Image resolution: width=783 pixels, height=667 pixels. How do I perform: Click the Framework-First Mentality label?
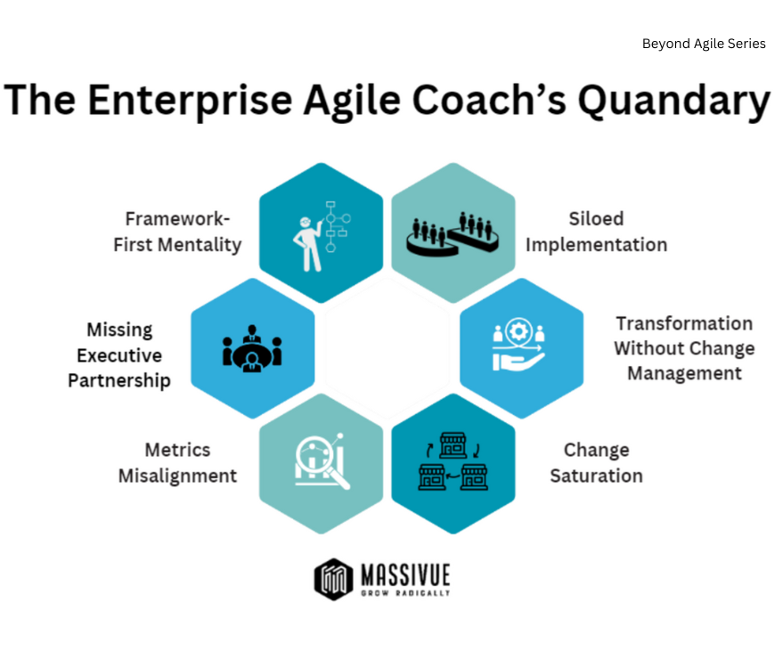177,232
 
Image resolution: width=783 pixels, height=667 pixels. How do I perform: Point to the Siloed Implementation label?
596,232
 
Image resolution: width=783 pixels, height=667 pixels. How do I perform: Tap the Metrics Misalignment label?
177,463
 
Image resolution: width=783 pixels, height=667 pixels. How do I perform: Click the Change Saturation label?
596,463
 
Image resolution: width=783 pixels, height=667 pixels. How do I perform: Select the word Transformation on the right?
684,323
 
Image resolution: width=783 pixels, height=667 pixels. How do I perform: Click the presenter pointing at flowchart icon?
322,234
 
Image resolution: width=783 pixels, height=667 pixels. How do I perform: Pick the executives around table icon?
252,348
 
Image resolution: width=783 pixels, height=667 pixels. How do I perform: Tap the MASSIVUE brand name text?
406,573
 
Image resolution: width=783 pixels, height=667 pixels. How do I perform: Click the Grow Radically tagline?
406,592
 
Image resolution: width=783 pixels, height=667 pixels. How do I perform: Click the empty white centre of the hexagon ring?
387,348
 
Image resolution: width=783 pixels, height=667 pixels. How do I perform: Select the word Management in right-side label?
684,374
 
